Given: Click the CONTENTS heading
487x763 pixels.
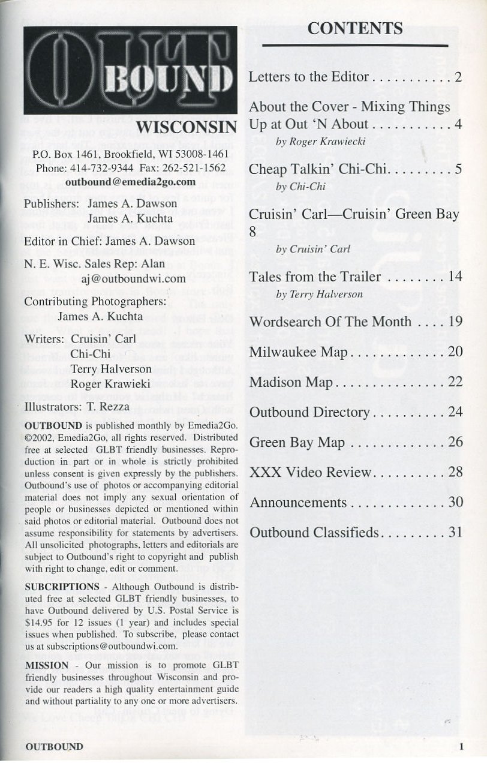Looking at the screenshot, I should pyautogui.click(x=355, y=28).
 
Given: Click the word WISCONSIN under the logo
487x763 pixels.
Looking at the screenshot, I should pyautogui.click(x=187, y=127).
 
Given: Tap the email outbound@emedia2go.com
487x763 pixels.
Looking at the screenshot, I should pyautogui.click(x=131, y=181).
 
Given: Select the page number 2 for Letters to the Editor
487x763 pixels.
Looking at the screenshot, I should pyautogui.click(x=458, y=77).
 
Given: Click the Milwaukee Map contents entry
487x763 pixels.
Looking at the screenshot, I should pyautogui.click(x=298, y=352).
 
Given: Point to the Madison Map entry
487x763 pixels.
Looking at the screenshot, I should pyautogui.click(x=290, y=382).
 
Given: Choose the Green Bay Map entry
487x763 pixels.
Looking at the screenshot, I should pyautogui.click(x=297, y=443).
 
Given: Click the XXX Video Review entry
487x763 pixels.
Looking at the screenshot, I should pyautogui.click(x=310, y=472).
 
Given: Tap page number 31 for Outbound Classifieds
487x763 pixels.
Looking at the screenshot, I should pyautogui.click(x=455, y=532).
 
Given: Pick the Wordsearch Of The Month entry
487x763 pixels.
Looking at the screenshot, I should pyautogui.click(x=330, y=322).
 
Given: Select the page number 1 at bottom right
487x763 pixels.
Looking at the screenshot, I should pyautogui.click(x=461, y=747).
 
